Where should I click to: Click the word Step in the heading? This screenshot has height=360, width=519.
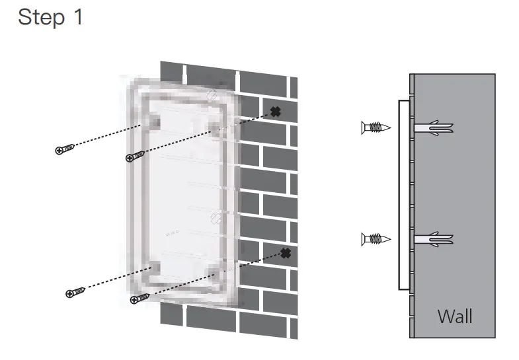[x=41, y=17]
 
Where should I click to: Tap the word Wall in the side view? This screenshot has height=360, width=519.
[x=455, y=316]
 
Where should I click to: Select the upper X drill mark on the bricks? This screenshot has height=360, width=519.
[x=275, y=112]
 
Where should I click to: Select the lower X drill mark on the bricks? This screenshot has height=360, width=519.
[x=285, y=253]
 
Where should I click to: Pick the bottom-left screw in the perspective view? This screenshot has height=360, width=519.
[x=73, y=293]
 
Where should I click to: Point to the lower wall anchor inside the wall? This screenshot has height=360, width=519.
[x=434, y=238]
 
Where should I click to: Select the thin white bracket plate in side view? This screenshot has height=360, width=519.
[x=402, y=195]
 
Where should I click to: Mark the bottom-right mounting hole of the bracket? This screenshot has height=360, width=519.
[x=216, y=271]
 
